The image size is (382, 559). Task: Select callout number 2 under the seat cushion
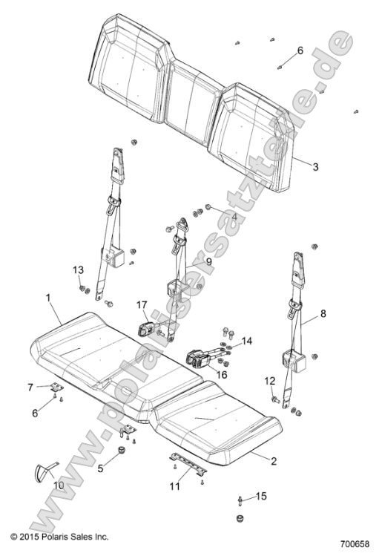click(274, 461)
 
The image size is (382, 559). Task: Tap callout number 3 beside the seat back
click(315, 168)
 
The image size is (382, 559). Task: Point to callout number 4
click(235, 218)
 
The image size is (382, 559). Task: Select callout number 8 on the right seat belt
click(323, 314)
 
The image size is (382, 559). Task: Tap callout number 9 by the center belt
click(209, 262)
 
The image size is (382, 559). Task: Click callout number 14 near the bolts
click(247, 341)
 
